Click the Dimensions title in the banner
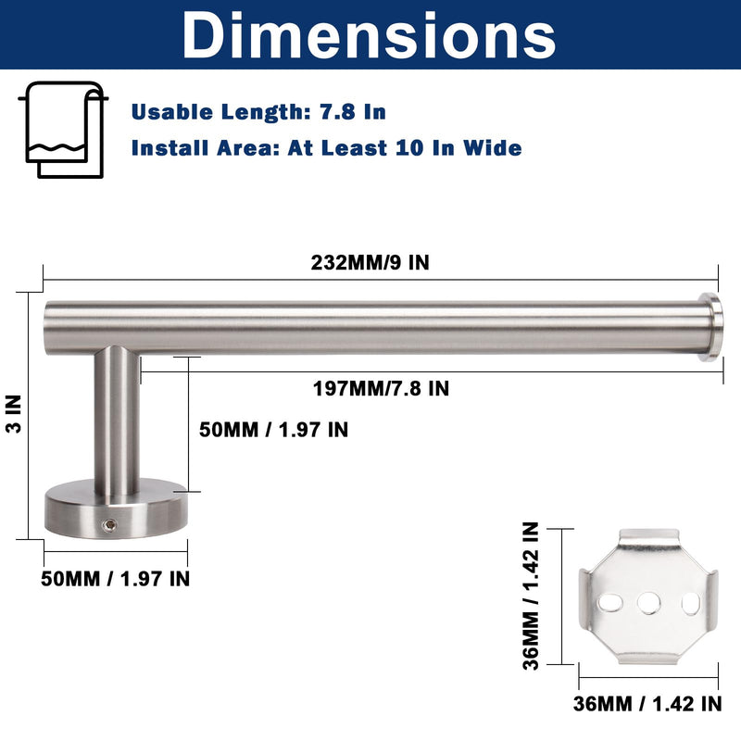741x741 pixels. coord(369,35)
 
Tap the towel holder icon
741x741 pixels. coord(63,130)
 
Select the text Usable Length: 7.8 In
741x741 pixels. coord(258,112)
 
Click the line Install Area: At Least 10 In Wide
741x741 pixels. coord(327,148)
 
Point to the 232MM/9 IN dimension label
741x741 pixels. coord(370,263)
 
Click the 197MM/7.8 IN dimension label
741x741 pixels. coord(381,388)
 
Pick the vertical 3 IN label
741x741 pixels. coord(14,414)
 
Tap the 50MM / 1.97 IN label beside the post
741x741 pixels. coord(273,430)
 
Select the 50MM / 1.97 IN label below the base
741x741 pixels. coord(115,579)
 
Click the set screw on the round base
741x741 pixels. coord(110,524)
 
